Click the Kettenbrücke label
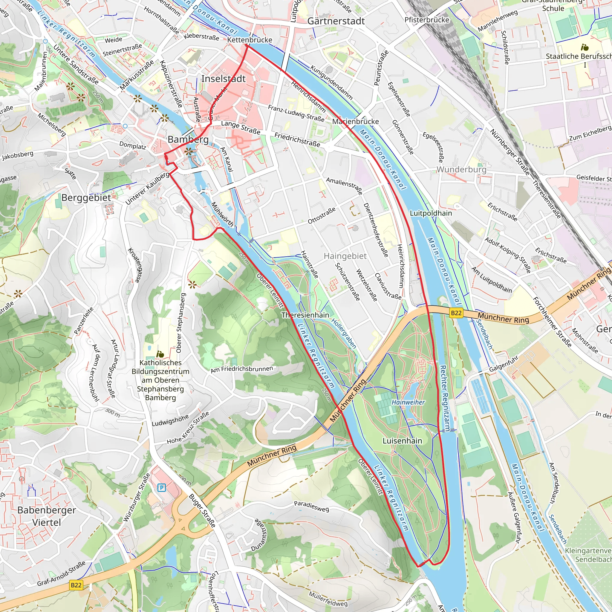point(250,40)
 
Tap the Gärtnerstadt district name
point(336,21)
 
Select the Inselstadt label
point(223,79)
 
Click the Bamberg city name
point(188,139)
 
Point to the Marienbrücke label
point(355,122)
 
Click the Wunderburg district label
point(461,169)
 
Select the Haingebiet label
point(345,256)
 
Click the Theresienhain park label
point(305,315)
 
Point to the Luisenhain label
point(402,441)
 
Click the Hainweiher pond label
point(408,402)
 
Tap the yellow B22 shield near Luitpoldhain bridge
point(456,313)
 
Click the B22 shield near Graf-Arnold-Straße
point(76,585)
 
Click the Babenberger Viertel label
point(47,516)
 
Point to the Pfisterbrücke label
point(427,20)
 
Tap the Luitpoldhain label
point(431,213)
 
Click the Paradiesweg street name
point(311,507)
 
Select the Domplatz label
point(133,146)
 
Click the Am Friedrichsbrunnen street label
point(242,369)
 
